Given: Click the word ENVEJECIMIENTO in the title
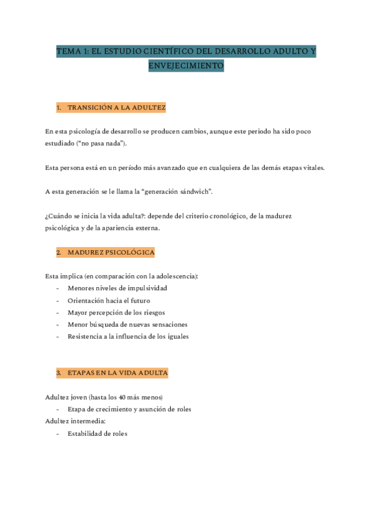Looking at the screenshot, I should (x=186, y=65).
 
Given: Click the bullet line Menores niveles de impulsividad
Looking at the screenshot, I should (x=117, y=288).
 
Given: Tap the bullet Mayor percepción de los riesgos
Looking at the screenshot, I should (x=116, y=312).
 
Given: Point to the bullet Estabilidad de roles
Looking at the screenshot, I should (x=98, y=433).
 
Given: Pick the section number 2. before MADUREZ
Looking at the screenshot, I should (x=59, y=252).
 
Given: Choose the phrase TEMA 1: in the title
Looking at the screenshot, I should (x=73, y=51).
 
